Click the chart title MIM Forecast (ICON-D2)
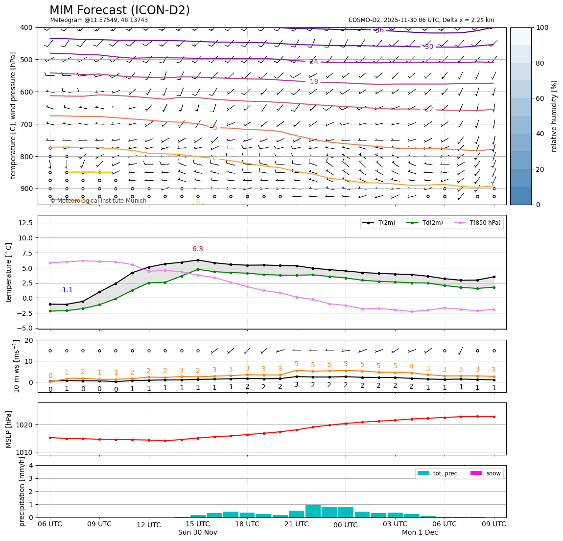119,10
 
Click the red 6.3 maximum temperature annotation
198,249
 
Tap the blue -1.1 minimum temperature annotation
66,290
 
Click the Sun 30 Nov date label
198,532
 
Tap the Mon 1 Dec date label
420,532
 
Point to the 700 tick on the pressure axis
26,124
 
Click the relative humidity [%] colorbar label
555,116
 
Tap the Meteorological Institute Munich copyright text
98,201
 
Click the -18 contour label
313,82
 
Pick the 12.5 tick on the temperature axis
24,223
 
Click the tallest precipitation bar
313,511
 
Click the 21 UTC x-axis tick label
296,524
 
